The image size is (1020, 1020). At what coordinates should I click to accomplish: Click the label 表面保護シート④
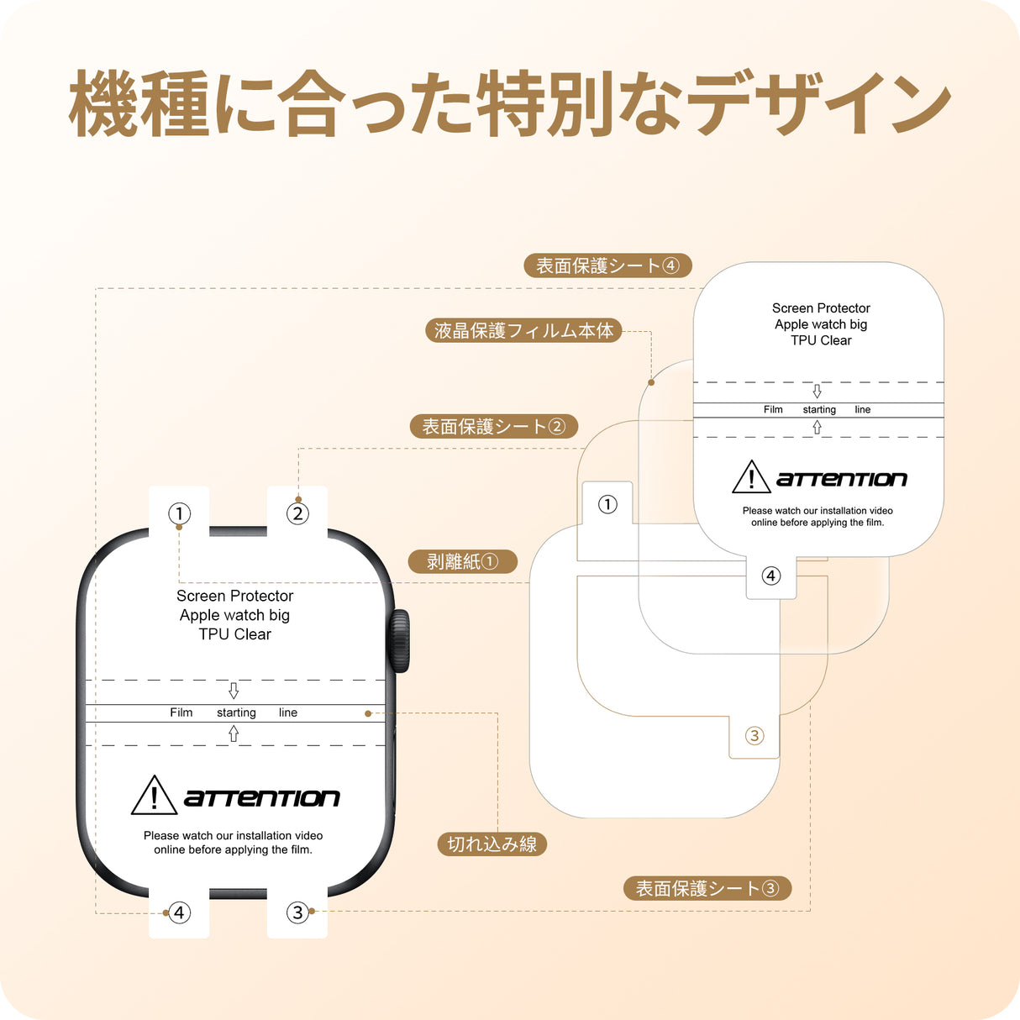coord(607,266)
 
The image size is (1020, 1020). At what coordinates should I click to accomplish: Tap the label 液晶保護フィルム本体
coord(523,330)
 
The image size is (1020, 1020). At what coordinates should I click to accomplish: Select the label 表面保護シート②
coord(493,427)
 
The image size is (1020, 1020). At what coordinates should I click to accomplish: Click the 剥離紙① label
coord(462,561)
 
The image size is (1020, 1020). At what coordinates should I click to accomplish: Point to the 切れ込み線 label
coord(492,844)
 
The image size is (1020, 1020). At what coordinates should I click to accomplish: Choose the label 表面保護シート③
coord(707,888)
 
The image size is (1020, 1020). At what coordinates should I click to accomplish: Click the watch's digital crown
coord(399,640)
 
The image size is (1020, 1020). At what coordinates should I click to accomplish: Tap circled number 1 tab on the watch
coord(179,513)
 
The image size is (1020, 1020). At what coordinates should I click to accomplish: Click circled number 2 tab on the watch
coord(297,513)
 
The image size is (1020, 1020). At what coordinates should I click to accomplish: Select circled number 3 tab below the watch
coord(297,912)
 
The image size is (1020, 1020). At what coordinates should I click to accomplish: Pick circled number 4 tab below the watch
coord(179,912)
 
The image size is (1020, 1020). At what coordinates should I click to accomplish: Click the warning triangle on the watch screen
coord(154,796)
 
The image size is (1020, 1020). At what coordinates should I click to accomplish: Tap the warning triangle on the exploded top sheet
coord(751,477)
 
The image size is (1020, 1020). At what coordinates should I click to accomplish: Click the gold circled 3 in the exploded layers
coord(754,736)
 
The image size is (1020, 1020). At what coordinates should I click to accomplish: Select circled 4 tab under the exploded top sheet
coord(771,576)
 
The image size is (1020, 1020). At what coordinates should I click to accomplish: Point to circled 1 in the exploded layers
coord(607,504)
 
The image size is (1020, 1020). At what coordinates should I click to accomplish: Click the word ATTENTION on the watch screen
coord(262,798)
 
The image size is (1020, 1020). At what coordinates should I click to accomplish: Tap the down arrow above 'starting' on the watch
coord(234,691)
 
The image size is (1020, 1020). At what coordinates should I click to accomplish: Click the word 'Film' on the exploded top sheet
coord(773,410)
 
